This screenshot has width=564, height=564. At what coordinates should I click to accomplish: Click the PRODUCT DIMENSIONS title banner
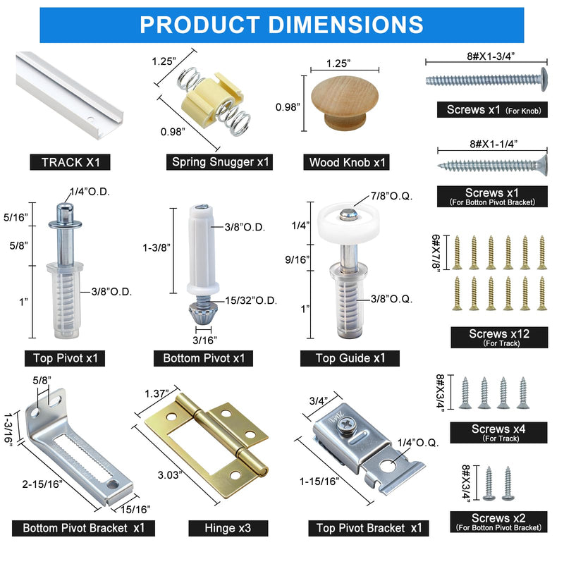[x=281, y=25]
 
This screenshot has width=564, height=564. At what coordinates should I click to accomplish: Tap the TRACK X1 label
[x=70, y=162]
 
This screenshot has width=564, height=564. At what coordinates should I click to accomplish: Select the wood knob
[x=345, y=102]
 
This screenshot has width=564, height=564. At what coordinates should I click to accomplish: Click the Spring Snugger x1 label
[x=220, y=162]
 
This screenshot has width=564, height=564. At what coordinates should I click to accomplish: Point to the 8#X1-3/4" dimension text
[x=491, y=56]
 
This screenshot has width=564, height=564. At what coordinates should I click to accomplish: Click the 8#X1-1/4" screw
[x=493, y=166]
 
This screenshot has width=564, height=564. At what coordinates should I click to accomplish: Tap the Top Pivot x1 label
[x=65, y=358]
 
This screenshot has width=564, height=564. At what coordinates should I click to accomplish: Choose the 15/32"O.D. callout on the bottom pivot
[x=251, y=301]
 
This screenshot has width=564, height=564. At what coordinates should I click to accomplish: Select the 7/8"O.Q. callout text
[x=391, y=196]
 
